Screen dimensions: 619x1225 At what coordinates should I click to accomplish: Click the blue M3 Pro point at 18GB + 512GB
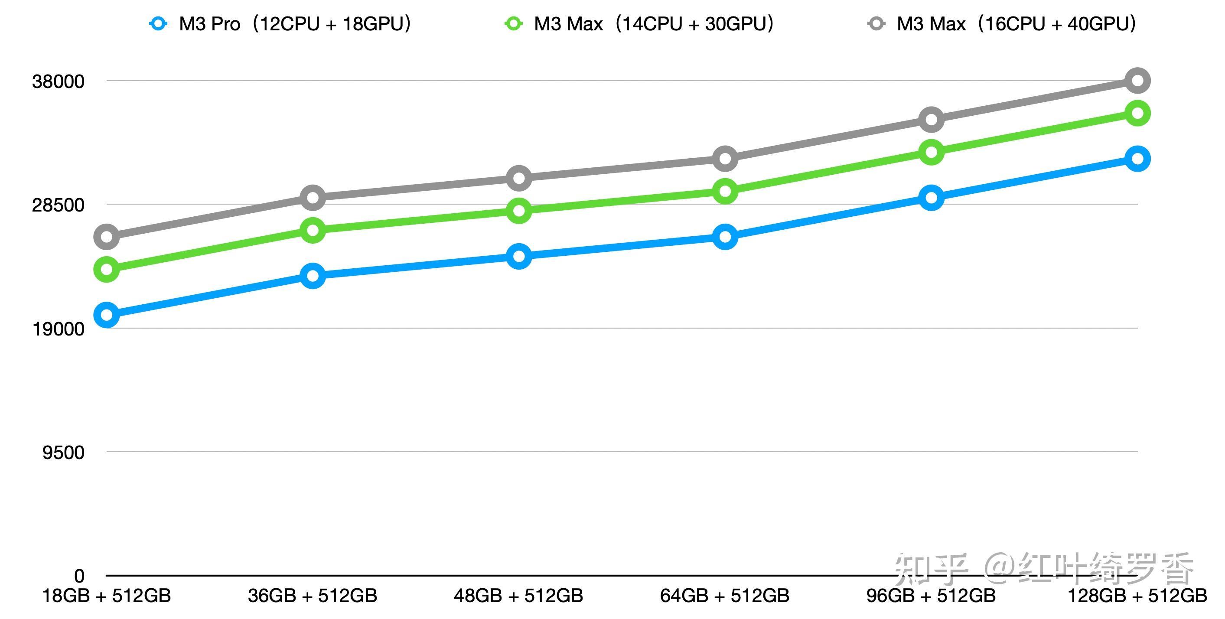[x=107, y=314]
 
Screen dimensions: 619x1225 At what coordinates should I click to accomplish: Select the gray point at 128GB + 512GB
[x=1137, y=80]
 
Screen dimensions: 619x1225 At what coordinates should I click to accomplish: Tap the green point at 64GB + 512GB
[x=725, y=191]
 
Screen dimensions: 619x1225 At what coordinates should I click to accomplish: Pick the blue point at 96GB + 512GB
[x=931, y=197]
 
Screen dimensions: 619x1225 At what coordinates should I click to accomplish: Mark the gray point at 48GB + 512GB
[x=519, y=178]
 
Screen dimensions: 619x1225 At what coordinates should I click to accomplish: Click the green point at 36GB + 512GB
[x=313, y=230]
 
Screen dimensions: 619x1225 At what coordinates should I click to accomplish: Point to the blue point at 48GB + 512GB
[x=519, y=256]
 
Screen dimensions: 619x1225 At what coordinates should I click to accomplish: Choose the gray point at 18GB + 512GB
[x=107, y=236]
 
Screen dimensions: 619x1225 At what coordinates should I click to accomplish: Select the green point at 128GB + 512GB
[x=1137, y=113]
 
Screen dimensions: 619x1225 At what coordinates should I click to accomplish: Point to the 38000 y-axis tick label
[x=58, y=81]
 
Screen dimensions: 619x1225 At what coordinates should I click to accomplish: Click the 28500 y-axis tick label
[x=58, y=205]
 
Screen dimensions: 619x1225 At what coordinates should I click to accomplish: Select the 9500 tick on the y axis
[x=63, y=452]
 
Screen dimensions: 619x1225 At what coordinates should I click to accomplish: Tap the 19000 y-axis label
[x=58, y=329]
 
